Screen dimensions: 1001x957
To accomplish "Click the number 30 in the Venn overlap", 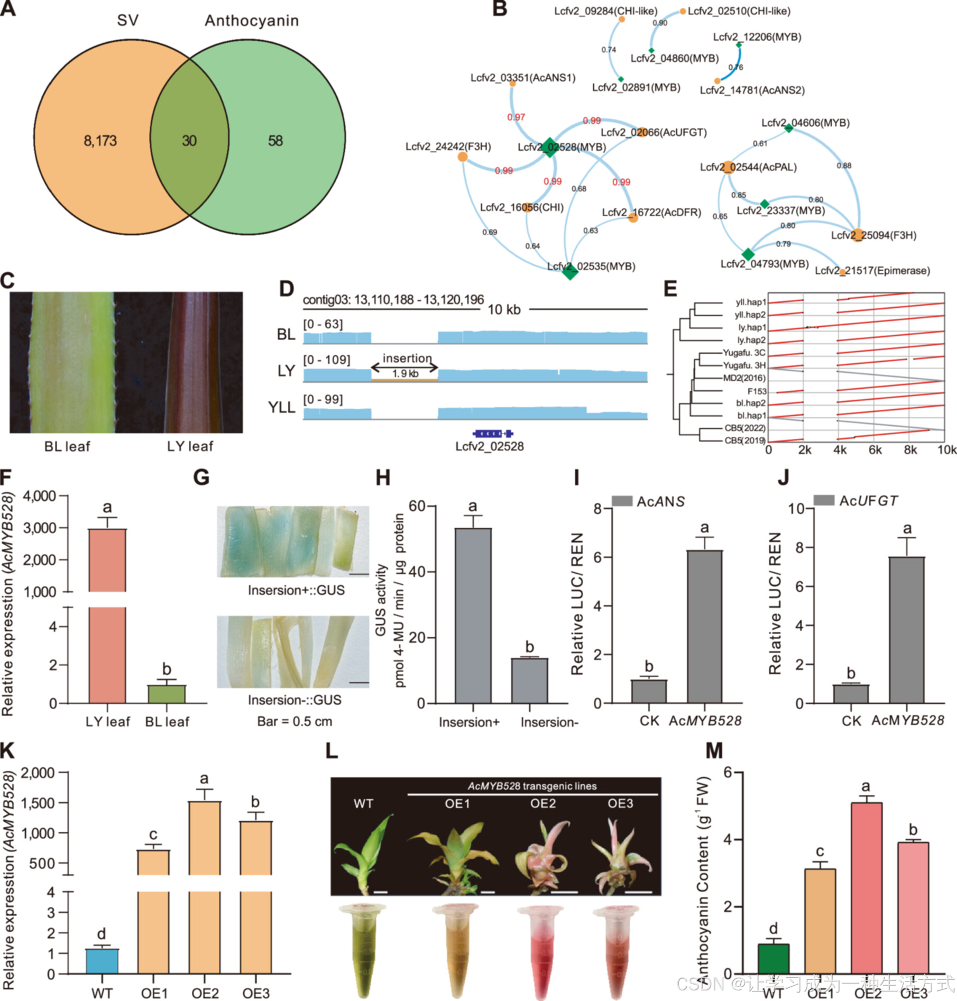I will click(x=189, y=141).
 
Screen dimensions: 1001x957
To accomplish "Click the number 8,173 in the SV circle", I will click(x=100, y=141).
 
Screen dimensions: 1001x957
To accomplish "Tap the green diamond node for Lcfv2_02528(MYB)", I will click(x=549, y=147).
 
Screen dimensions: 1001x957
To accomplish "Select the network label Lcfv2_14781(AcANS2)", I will click(x=752, y=90).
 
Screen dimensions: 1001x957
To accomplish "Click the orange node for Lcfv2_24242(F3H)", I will click(x=463, y=157).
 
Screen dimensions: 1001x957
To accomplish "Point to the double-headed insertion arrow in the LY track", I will click(x=404, y=368).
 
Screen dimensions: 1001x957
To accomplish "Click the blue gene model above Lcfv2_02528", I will click(x=493, y=434).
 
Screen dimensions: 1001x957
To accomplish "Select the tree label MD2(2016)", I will click(x=744, y=378).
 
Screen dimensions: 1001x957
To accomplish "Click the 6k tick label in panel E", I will click(x=875, y=450).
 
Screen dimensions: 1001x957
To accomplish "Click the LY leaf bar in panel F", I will click(x=107, y=613).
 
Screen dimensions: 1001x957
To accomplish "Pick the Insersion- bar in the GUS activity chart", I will click(x=530, y=681).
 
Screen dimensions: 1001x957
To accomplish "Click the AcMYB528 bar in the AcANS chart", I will click(x=704, y=627).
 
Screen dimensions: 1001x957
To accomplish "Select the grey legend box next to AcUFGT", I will click(x=824, y=500).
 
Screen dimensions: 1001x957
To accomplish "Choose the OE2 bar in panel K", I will click(x=205, y=888).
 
